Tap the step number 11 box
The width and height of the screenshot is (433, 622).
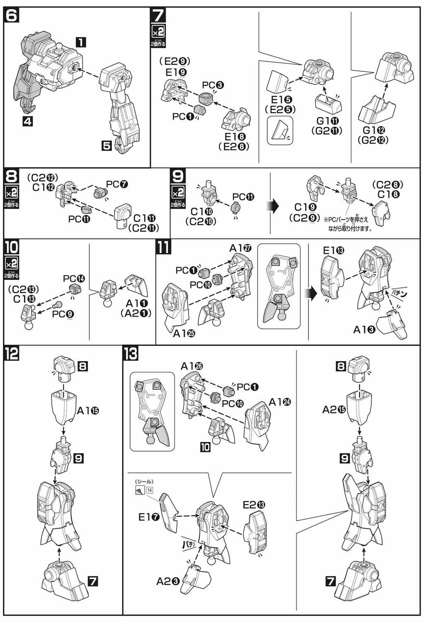pos(163,248)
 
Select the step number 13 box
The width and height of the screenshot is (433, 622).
pos(131,354)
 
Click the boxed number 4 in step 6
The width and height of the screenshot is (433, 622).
pos(28,121)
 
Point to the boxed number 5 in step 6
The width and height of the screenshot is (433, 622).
pos(107,146)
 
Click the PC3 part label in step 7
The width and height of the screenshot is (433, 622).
pos(213,85)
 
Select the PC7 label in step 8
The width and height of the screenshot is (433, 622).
pos(117,184)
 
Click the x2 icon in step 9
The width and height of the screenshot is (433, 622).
pos(178,193)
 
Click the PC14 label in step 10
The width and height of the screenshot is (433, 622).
pos(74,279)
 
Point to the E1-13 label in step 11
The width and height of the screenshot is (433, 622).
pos(334,250)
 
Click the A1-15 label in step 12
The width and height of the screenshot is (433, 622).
pos(88,411)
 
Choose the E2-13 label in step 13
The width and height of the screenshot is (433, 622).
pos(254,505)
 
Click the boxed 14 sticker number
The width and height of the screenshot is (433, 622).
pos(150,490)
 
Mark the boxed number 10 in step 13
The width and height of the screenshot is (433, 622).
pos(205,447)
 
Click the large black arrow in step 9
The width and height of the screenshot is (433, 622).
pos(273,206)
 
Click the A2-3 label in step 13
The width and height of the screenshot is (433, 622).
pos(168,581)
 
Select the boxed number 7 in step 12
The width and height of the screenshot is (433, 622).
pos(93,581)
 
